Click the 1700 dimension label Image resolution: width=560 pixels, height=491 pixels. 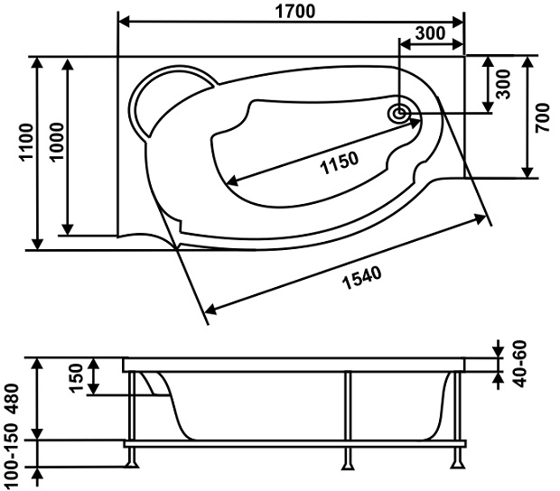tap(295, 12)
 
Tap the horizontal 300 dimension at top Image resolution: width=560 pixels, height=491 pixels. tap(431, 33)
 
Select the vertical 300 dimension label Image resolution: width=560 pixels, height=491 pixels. tap(504, 84)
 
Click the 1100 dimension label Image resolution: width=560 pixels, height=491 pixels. tap(26, 143)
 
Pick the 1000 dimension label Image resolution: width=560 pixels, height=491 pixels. tap(57, 142)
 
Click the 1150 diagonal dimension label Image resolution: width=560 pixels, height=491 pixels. tap(339, 162)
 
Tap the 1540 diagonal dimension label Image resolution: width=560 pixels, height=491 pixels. tap(362, 278)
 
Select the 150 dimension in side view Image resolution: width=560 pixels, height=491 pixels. tap(77, 378)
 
